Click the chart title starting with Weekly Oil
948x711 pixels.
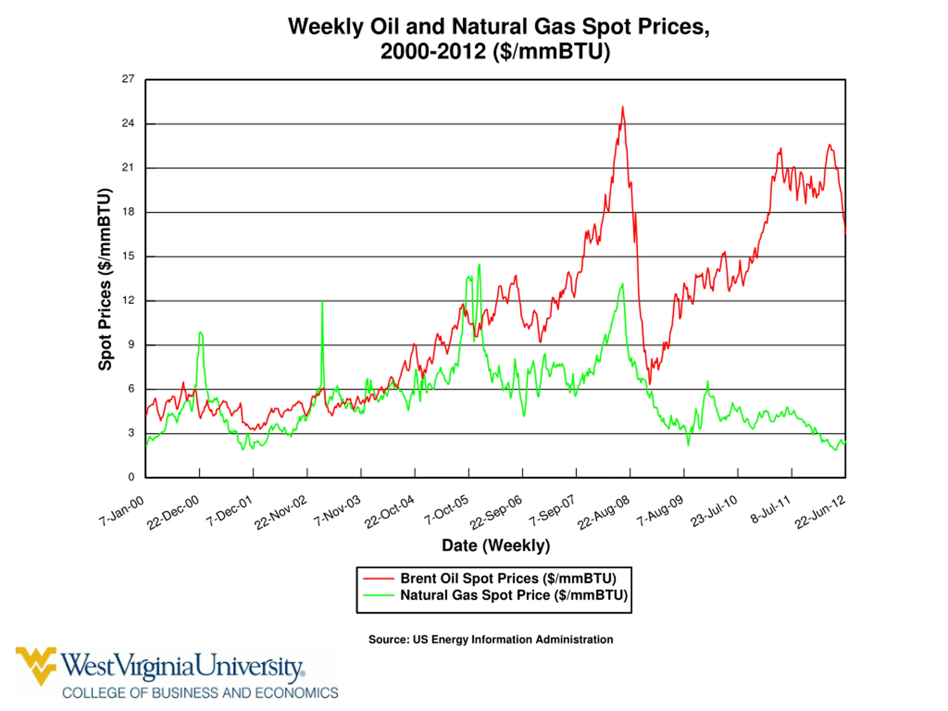[x=498, y=39]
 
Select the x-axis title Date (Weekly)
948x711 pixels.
[x=496, y=545]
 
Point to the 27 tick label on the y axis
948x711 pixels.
[x=128, y=79]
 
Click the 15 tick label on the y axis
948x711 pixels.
[x=128, y=256]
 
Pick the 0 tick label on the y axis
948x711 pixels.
[x=131, y=477]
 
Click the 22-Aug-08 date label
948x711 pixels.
[x=604, y=513]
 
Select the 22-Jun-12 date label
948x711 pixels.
[x=821, y=513]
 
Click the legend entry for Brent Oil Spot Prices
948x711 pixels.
[x=490, y=578]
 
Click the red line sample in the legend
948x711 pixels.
[x=378, y=578]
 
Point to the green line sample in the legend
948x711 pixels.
[x=378, y=595]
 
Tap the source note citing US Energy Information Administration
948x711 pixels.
[x=491, y=640]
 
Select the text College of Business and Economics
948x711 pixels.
[x=200, y=693]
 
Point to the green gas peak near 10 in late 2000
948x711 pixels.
[x=200, y=333]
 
